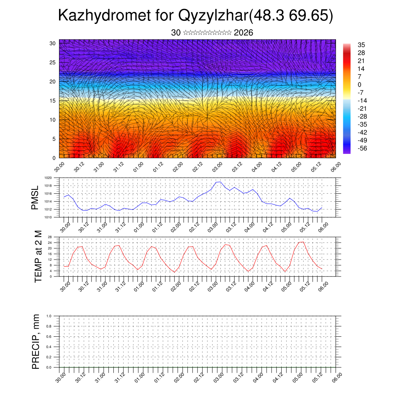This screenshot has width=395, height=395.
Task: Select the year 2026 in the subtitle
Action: (x=243, y=33)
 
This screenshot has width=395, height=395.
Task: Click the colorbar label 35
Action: (x=361, y=45)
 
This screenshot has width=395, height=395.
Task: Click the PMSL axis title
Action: (x=35, y=198)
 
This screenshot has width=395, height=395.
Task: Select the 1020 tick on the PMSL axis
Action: (x=48, y=178)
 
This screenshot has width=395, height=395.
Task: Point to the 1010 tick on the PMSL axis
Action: (x=48, y=217)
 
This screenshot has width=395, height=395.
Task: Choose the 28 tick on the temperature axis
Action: (x=49, y=237)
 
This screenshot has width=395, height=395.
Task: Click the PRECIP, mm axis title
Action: (x=36, y=342)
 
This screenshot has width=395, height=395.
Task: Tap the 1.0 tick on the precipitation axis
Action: (x=49, y=316)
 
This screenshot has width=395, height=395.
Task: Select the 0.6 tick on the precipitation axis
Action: (x=49, y=337)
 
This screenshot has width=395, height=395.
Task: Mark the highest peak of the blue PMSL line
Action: (x=219, y=182)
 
